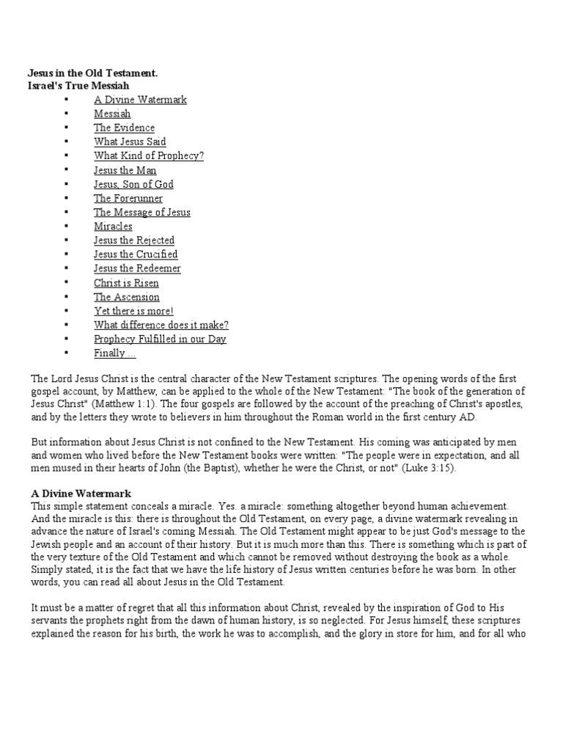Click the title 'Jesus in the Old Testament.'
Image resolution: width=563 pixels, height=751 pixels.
pyautogui.click(x=92, y=74)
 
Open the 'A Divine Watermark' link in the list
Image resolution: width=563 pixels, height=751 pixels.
pyautogui.click(x=140, y=100)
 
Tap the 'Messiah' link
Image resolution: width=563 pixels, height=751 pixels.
pyautogui.click(x=112, y=114)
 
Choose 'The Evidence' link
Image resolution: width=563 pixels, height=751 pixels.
pyautogui.click(x=124, y=128)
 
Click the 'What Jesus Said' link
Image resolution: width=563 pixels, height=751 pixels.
pyautogui.click(x=130, y=142)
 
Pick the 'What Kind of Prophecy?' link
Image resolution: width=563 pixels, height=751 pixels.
pyautogui.click(x=149, y=155)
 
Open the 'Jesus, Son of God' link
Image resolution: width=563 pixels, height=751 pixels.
pyautogui.click(x=133, y=184)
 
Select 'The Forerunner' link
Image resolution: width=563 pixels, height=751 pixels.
pyautogui.click(x=128, y=198)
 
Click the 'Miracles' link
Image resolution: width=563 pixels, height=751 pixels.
pyautogui.click(x=113, y=227)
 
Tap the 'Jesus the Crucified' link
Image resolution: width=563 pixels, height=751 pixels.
pyautogui.click(x=136, y=254)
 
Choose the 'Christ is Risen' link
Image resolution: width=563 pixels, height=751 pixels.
pyautogui.click(x=126, y=283)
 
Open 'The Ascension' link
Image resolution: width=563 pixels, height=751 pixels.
pyautogui.click(x=126, y=297)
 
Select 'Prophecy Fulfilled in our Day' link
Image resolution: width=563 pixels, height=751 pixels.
pyautogui.click(x=160, y=339)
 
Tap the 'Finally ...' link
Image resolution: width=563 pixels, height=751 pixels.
pyautogui.click(x=114, y=353)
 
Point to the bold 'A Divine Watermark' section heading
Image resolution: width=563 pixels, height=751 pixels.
pyautogui.click(x=81, y=494)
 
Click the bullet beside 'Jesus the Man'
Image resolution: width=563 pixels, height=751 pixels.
pyautogui.click(x=66, y=170)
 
